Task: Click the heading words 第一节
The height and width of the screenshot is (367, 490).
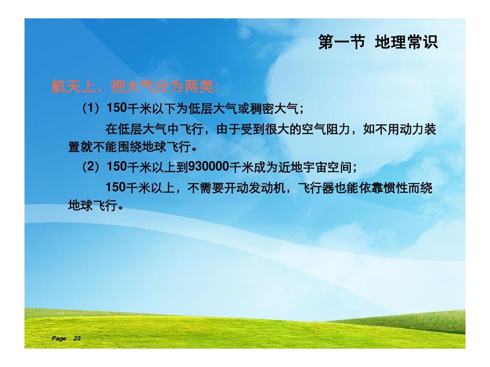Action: pyautogui.click(x=341, y=42)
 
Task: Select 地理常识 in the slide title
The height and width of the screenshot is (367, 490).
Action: pyautogui.click(x=406, y=42)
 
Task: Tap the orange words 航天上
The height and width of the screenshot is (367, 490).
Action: pyautogui.click(x=73, y=86)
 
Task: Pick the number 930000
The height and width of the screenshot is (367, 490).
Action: pyautogui.click(x=208, y=167)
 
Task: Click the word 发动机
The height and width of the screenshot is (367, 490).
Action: pyautogui.click(x=267, y=188)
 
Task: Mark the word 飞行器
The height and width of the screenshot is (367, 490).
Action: pyautogui.click(x=316, y=188)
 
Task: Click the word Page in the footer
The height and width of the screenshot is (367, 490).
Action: pyautogui.click(x=59, y=338)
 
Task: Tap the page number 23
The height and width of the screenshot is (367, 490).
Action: pyautogui.click(x=77, y=338)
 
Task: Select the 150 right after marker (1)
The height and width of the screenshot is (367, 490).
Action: pyautogui.click(x=116, y=108)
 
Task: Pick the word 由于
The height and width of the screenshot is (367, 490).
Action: pyautogui.click(x=228, y=129)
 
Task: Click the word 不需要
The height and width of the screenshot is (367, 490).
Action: pyautogui.click(x=206, y=188)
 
